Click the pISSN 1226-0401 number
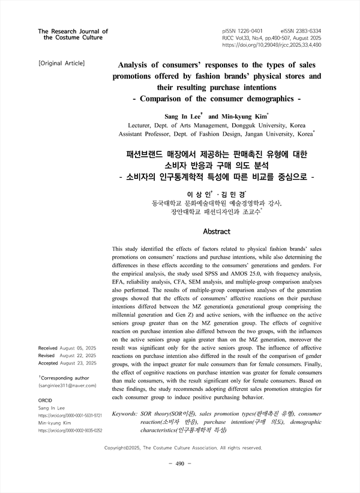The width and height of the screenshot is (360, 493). pos(242,29)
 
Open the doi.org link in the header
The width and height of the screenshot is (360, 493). pos(271,44)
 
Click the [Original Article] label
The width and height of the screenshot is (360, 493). pos(61,63)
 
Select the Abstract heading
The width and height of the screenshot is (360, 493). pos(217,231)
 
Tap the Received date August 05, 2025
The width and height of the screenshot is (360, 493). pos(78,348)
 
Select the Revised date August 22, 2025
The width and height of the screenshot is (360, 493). pos(78,355)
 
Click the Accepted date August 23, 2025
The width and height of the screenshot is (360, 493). pos(78,363)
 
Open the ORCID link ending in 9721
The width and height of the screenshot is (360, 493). pos(70,415)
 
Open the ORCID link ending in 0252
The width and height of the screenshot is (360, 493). pos(70,431)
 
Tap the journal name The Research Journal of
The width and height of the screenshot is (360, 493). pos(73,31)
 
